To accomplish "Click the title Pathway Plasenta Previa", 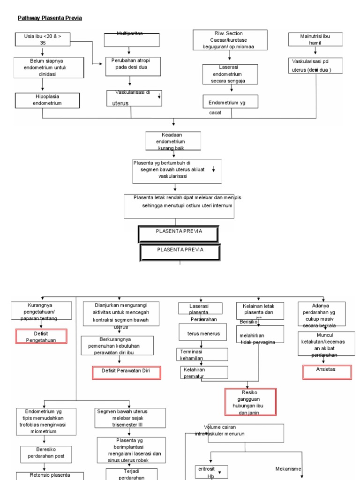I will [50, 18].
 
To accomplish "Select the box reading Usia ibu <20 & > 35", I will [43, 39].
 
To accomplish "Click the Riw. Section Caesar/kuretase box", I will [230, 39].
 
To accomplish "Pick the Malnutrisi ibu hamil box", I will [315, 39].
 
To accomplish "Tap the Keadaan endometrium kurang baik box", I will [173, 141].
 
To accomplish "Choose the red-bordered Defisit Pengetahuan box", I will [42, 336].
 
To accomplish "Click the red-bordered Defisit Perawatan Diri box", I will [127, 373].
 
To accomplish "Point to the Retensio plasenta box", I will [50, 475].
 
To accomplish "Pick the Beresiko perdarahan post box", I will [46, 452].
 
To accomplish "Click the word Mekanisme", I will [288, 468].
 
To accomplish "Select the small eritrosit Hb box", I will [211, 472].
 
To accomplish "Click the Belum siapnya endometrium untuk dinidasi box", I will [43, 67].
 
